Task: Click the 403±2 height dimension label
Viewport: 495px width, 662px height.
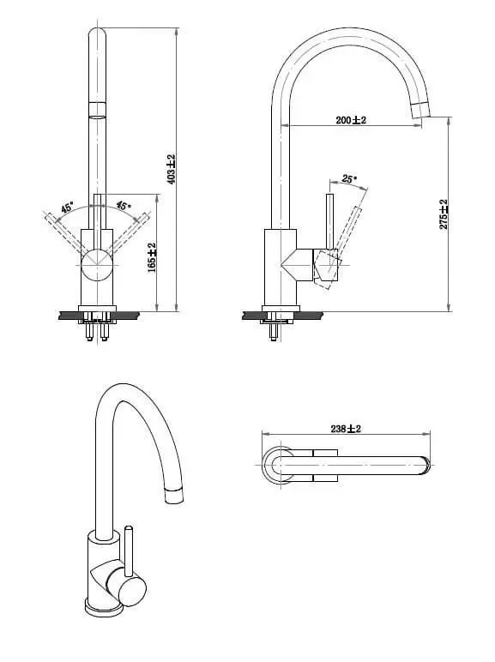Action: coord(171,169)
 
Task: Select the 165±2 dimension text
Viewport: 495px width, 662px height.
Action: coord(152,257)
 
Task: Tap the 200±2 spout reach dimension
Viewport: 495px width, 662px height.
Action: coord(351,120)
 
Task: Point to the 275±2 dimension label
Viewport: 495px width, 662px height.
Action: coord(444,214)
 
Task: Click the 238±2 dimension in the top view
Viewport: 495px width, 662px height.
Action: coord(346,429)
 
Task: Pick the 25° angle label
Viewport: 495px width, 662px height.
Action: coord(349,178)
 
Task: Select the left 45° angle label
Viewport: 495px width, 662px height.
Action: coord(67,208)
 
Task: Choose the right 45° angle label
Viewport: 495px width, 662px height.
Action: coord(124,206)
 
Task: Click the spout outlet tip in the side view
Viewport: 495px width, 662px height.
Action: coord(420,110)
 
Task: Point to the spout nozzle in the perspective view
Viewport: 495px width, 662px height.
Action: coord(174,496)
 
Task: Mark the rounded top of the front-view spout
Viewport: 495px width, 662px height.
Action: coord(97,33)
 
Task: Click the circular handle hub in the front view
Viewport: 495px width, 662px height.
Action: coord(97,265)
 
